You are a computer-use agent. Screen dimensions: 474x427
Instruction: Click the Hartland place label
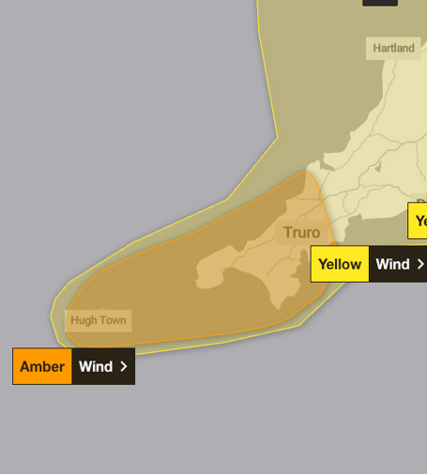[x=393, y=48]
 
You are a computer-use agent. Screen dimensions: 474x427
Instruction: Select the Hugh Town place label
[x=99, y=320]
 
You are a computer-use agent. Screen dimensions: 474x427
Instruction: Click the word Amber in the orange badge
[x=42, y=366]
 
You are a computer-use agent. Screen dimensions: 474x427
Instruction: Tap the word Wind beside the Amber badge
[x=96, y=366]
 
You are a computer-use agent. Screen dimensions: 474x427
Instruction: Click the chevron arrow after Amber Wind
[x=124, y=366]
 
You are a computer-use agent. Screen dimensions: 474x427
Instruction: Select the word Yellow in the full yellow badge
[x=340, y=264]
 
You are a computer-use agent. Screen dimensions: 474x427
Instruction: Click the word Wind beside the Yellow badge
[x=392, y=264]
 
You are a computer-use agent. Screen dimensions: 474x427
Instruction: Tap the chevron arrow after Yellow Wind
[x=419, y=264]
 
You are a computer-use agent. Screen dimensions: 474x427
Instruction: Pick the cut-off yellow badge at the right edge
[x=419, y=221]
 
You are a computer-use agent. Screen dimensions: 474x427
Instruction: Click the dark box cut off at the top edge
[x=380, y=3]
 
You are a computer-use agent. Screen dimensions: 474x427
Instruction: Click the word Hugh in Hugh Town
[x=84, y=320]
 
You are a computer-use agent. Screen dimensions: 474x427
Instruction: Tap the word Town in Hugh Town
[x=112, y=320]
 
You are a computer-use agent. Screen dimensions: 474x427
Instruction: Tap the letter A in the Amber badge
[x=24, y=366]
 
